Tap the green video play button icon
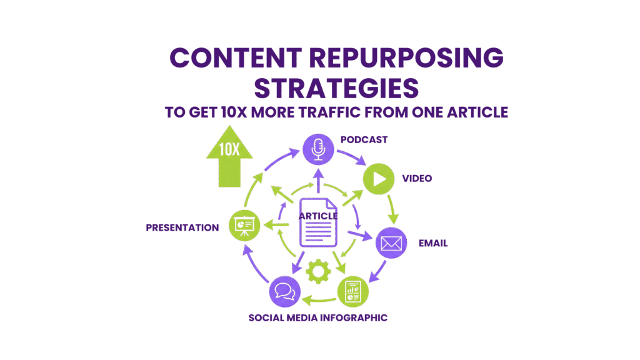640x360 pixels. pos(379,179)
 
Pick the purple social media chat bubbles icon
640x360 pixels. pos(285,292)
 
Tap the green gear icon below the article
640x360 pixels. pos(318,272)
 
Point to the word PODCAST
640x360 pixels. pos(365,140)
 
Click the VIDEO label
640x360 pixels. pos(417,179)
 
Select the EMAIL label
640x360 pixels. pos(432,244)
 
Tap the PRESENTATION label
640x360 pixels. pos(182,227)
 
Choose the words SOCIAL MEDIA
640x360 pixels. pos(283,317)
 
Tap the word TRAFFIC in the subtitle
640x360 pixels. pos(363,113)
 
